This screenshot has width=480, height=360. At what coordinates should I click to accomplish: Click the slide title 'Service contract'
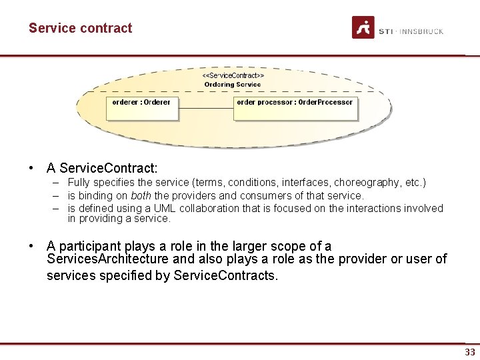(80, 28)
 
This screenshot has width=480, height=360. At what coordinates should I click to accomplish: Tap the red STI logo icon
(363, 27)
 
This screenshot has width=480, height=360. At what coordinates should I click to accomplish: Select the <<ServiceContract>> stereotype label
(233, 76)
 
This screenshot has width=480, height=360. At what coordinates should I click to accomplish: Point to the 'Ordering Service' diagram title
(233, 85)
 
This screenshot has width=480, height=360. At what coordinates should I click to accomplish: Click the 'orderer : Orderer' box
(142, 109)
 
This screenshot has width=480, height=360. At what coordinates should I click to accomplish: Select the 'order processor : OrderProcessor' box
(295, 109)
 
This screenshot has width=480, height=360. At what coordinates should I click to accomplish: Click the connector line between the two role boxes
(206, 108)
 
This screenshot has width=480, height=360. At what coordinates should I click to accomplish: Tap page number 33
(470, 352)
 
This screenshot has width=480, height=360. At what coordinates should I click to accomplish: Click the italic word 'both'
(141, 196)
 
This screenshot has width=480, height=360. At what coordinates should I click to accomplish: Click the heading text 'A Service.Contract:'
(102, 168)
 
